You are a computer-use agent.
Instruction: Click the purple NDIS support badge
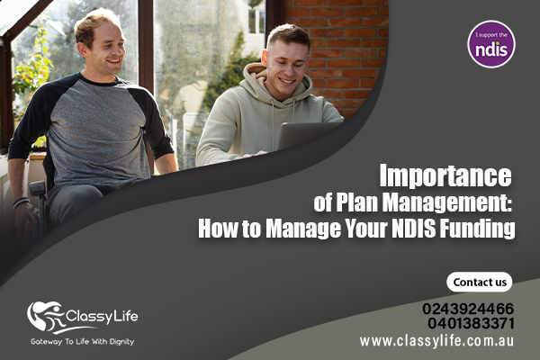tap(491, 44)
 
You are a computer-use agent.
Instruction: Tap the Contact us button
tap(480, 282)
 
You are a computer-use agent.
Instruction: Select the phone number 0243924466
tap(468, 309)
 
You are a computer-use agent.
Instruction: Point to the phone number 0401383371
tap(471, 323)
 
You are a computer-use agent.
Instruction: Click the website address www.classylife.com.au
tap(436, 341)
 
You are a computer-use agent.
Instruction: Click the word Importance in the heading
tap(445, 176)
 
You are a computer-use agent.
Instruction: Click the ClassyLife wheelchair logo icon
tap(46, 317)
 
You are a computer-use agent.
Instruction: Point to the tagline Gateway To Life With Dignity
tap(82, 342)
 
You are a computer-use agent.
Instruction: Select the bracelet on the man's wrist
tap(22, 202)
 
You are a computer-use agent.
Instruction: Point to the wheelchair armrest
tap(38, 188)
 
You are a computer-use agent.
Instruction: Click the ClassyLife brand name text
tap(102, 317)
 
